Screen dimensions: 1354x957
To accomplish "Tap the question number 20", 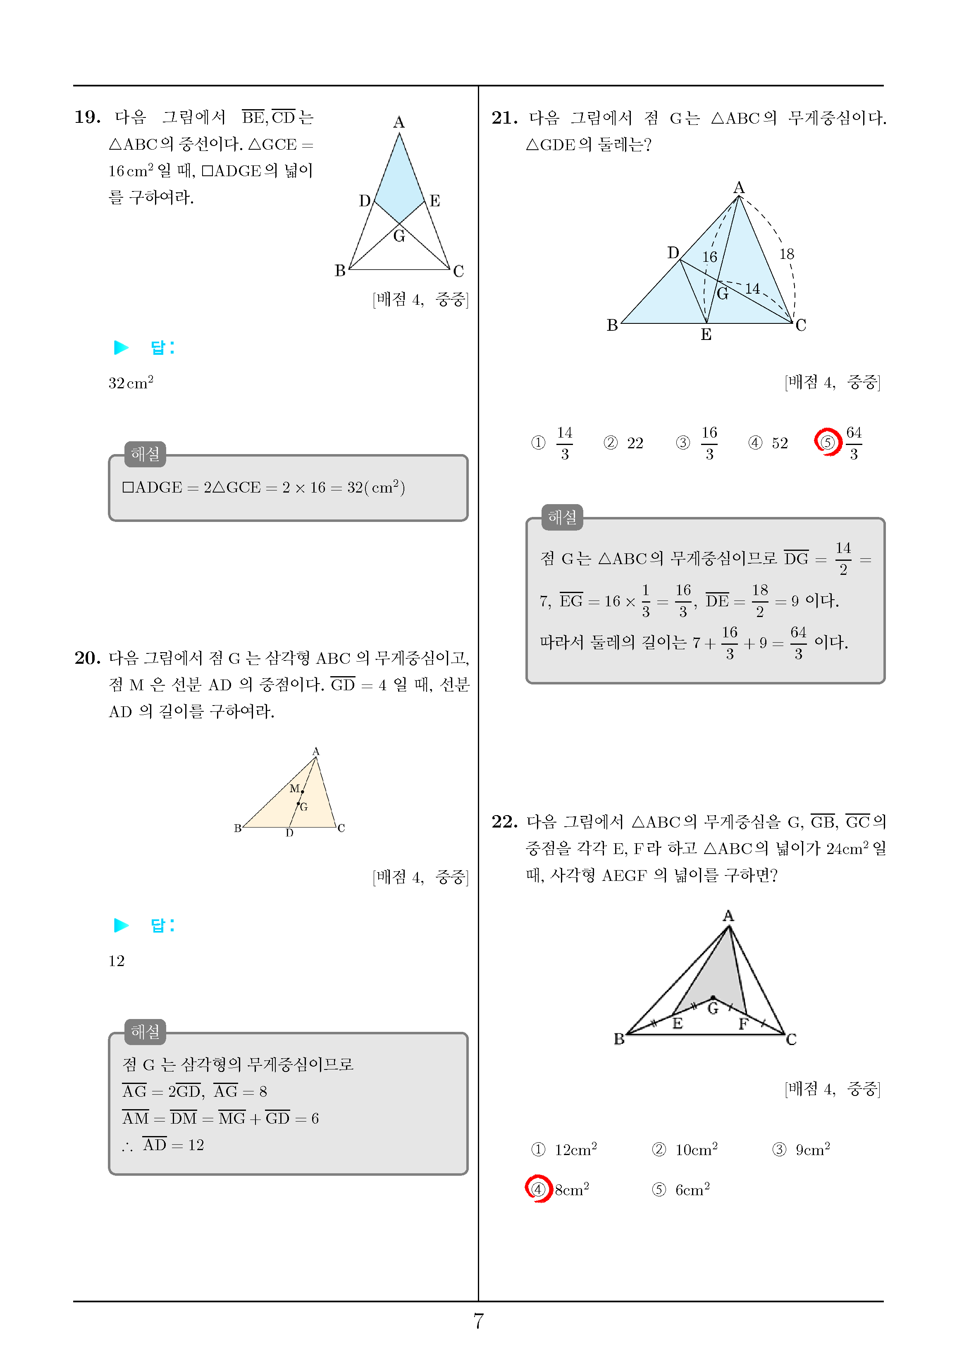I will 87,658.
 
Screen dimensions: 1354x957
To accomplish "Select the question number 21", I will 504,118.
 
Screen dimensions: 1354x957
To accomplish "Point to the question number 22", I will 504,821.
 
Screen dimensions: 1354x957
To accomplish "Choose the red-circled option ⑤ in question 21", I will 828,442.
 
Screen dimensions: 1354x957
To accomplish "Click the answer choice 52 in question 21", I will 780,443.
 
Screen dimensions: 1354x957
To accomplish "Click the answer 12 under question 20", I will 116,961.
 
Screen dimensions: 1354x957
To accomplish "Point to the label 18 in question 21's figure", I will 787,254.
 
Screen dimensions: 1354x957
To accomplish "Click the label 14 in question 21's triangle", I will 752,288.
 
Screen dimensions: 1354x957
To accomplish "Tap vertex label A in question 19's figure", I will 399,122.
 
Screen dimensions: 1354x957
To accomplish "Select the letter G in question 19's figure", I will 399,237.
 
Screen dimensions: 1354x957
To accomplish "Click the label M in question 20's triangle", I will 294,789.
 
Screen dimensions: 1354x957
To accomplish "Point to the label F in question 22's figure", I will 743,1024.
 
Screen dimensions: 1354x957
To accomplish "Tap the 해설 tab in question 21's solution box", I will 562,517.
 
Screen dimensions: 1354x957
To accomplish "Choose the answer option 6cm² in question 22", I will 692,1189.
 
